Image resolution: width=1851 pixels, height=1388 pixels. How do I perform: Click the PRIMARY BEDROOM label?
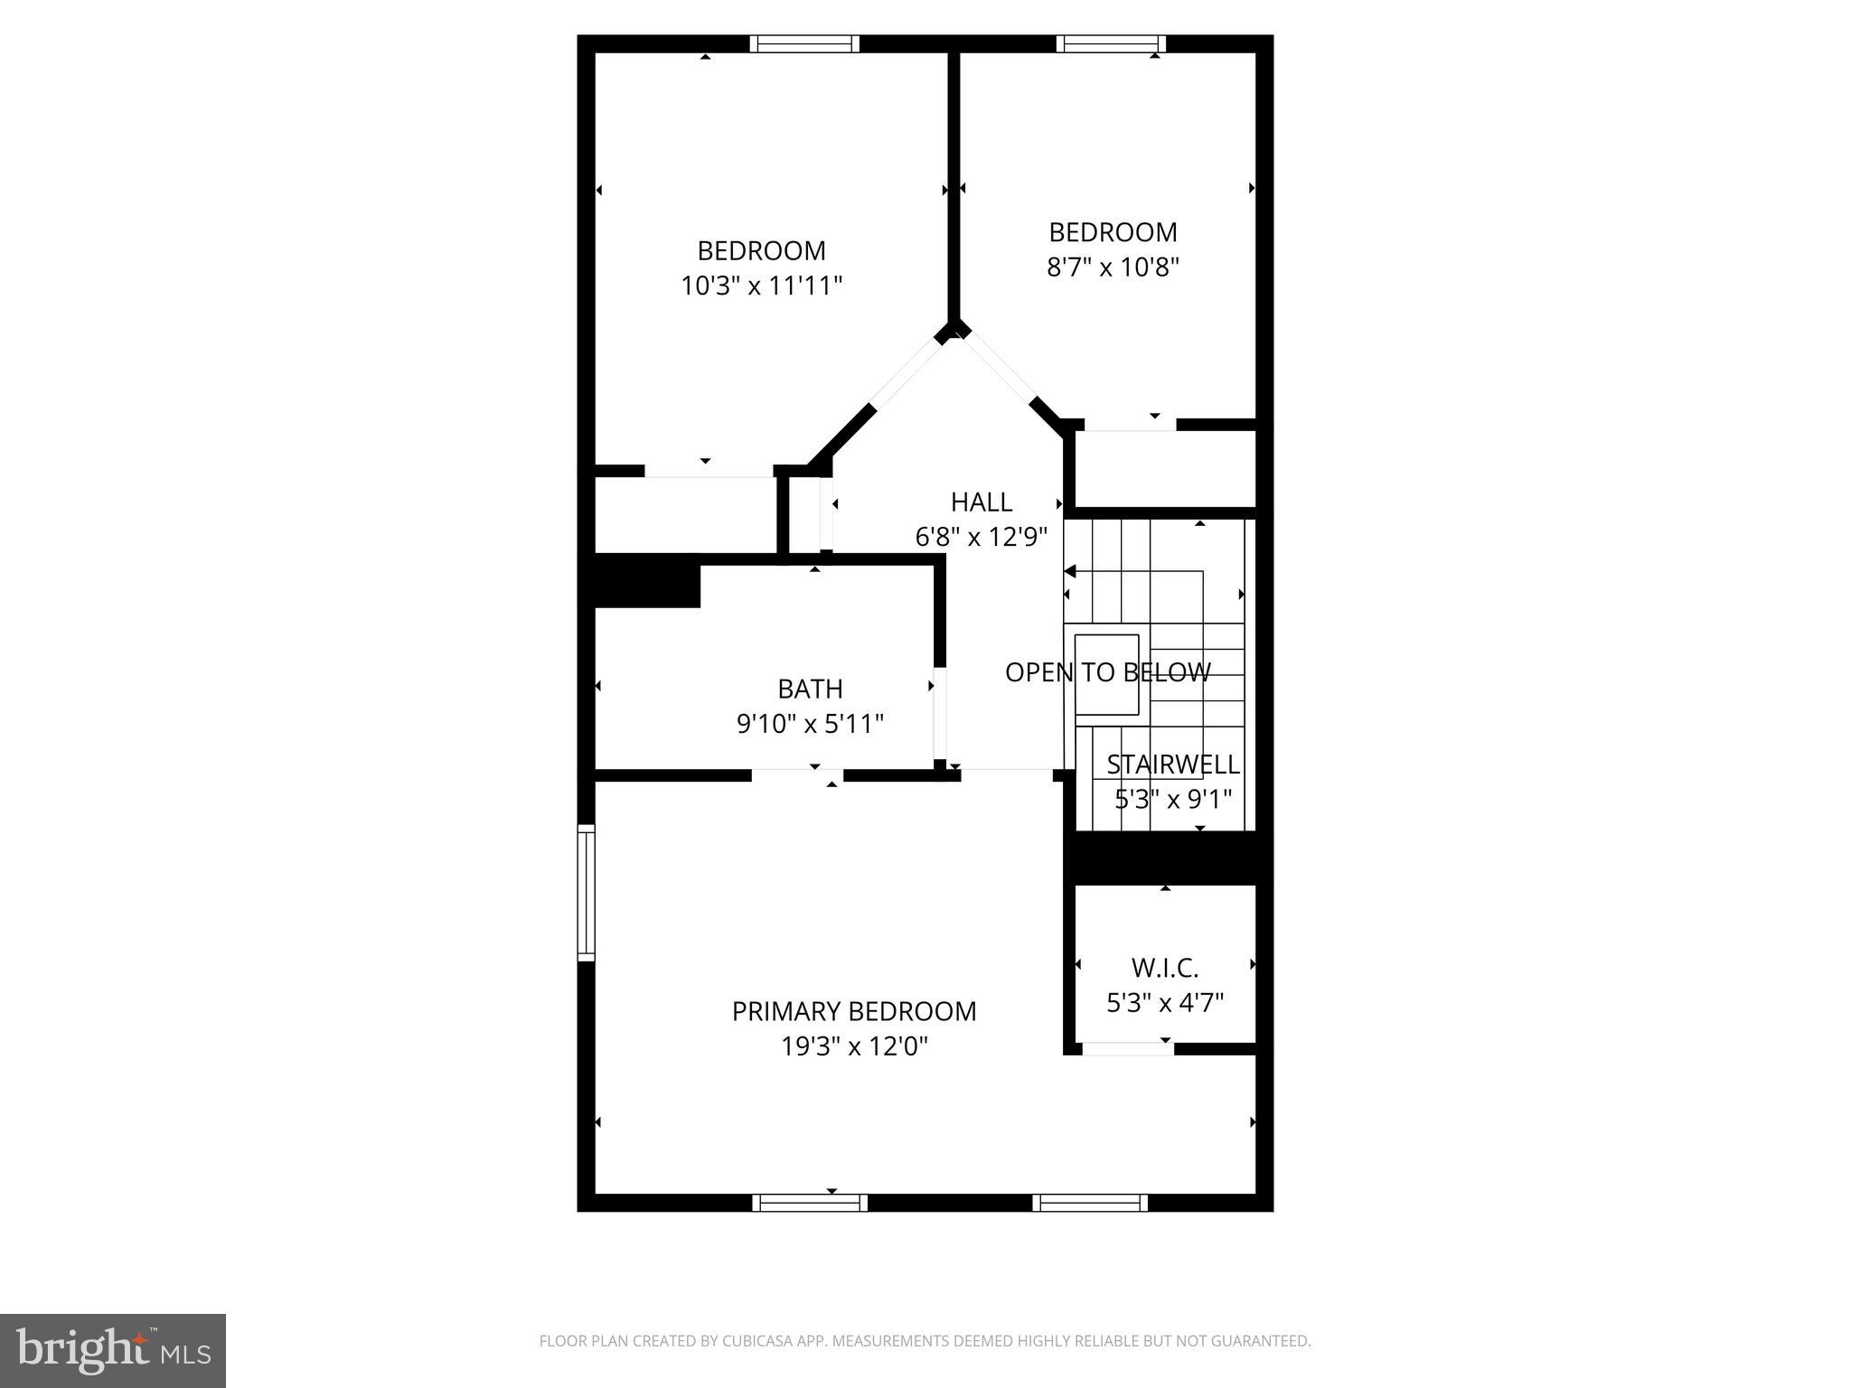pyautogui.click(x=853, y=1011)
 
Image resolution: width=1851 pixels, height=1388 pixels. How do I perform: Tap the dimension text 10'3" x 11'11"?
pyautogui.click(x=761, y=286)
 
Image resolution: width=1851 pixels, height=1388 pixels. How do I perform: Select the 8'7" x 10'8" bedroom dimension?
pyautogui.click(x=1113, y=267)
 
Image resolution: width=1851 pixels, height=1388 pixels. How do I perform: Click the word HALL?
pyautogui.click(x=981, y=502)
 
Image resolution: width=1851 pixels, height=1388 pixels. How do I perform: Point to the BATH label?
pyautogui.click(x=810, y=689)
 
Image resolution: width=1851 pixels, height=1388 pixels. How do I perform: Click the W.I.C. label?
pyautogui.click(x=1164, y=968)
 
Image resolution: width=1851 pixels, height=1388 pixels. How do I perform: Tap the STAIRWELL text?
pyautogui.click(x=1172, y=764)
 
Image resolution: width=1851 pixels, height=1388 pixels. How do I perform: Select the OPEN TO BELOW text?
pyautogui.click(x=1107, y=672)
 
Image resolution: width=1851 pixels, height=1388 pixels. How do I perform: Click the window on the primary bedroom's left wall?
pyautogui.click(x=587, y=892)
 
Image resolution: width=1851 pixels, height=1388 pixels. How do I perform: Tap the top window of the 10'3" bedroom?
pyautogui.click(x=804, y=43)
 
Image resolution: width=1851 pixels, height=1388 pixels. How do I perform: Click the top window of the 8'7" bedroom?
pyautogui.click(x=1111, y=43)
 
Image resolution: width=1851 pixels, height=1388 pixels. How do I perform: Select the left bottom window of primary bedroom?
pyautogui.click(x=809, y=1202)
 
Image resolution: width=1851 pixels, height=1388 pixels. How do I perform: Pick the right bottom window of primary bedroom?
pyautogui.click(x=1089, y=1202)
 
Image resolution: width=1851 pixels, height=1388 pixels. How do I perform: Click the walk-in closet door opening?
pyautogui.click(x=1127, y=1048)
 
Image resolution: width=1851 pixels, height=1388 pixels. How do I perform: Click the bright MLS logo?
pyautogui.click(x=112, y=1350)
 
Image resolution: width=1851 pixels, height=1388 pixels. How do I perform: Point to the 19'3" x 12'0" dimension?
pyautogui.click(x=854, y=1046)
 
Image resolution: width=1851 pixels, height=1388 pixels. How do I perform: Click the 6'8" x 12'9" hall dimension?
pyautogui.click(x=981, y=538)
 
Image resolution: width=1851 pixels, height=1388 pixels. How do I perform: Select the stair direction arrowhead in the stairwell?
pyautogui.click(x=1070, y=571)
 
